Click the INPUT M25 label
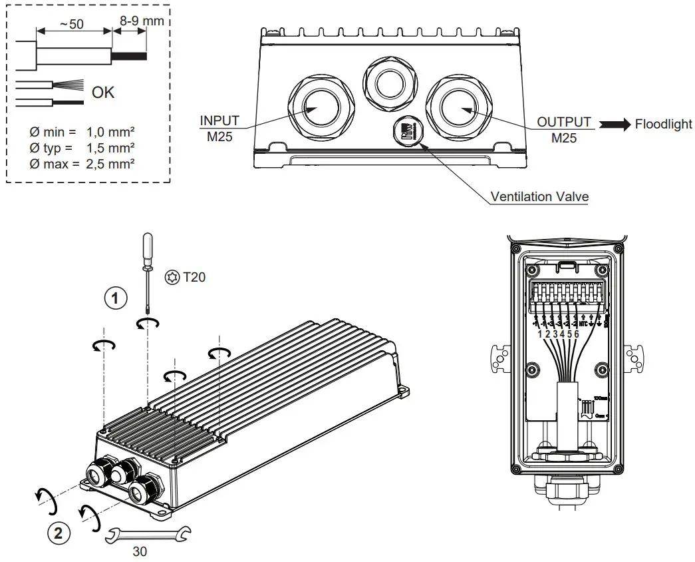coord(219,128)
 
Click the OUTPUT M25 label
coord(564,129)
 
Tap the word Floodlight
coord(663,125)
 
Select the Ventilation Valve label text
coord(539,197)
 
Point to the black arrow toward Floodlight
coord(615,125)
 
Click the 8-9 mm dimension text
coord(141,21)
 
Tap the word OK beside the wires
coord(103,93)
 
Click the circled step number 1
coord(116,299)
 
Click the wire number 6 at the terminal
coord(576,334)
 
